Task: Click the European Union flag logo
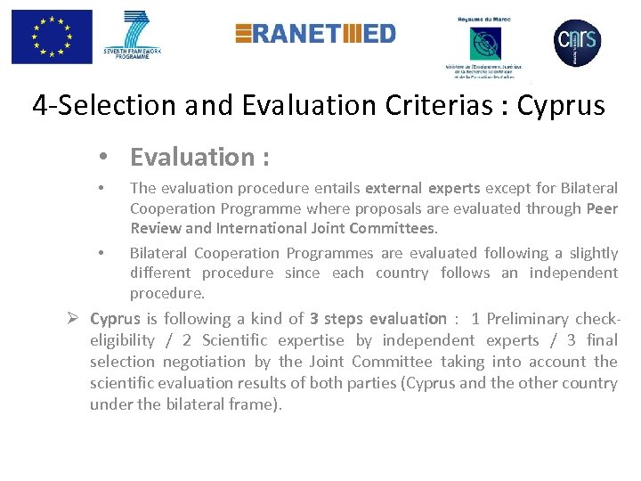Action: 52,37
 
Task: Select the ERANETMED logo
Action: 315,34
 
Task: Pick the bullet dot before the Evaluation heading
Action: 105,158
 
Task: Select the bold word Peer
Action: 602,208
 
